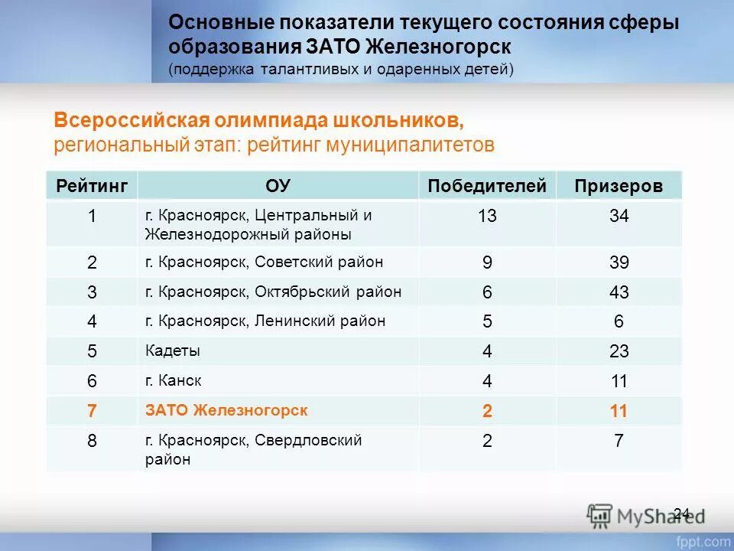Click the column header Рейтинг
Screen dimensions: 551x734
tap(92, 186)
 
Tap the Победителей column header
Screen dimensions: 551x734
tap(487, 186)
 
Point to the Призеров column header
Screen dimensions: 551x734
tap(619, 186)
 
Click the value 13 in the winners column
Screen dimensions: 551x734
tap(487, 217)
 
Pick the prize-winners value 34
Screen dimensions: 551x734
tap(619, 217)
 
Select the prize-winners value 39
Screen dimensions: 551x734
tap(619, 263)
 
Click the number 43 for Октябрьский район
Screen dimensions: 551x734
tap(619, 292)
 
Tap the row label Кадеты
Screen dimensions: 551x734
tap(173, 351)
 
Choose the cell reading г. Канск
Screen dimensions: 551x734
tap(174, 380)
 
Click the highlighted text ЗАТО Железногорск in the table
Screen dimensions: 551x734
tap(226, 410)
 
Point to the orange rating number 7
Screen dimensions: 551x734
tap(92, 411)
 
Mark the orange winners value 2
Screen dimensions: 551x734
tap(487, 411)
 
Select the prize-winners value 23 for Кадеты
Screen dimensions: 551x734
tap(619, 352)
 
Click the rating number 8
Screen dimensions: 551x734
tap(92, 442)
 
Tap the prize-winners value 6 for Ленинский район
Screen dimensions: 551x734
tap(619, 322)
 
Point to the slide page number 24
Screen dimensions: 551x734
tap(682, 513)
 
